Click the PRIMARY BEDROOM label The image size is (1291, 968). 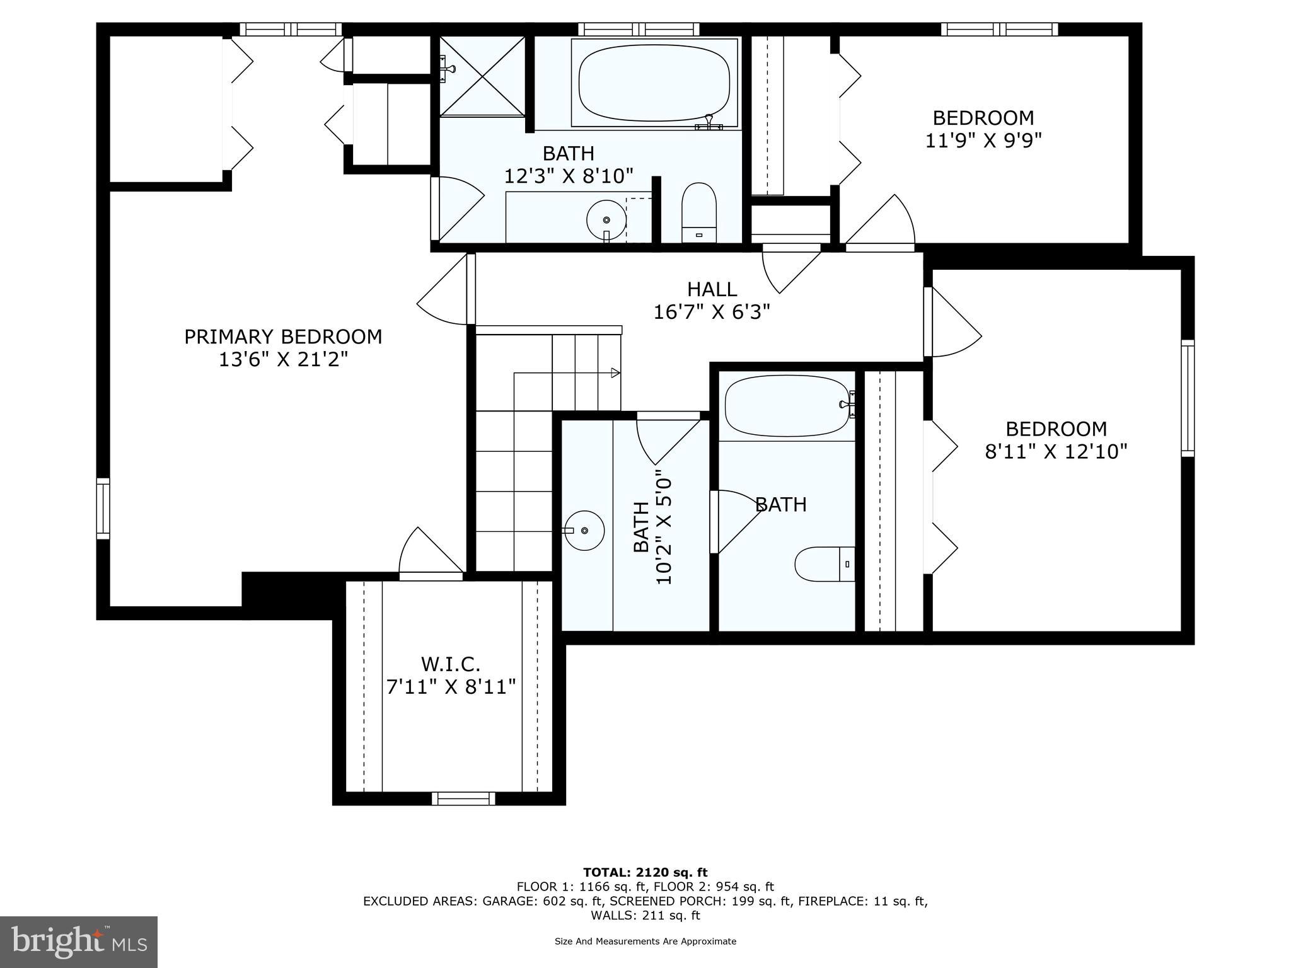(x=283, y=337)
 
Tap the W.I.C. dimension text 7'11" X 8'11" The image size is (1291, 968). (x=451, y=687)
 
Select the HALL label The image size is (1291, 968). (x=712, y=289)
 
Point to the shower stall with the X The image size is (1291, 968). (x=482, y=76)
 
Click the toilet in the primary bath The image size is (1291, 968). (x=700, y=213)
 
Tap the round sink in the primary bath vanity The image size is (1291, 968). (x=606, y=219)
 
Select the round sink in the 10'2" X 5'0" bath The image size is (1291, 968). (x=584, y=531)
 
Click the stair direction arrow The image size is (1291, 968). (x=615, y=372)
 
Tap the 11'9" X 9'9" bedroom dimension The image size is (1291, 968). (x=983, y=140)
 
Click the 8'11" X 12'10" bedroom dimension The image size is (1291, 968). (x=1056, y=451)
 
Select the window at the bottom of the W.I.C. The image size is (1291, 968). (x=463, y=798)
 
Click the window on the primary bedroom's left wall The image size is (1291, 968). (x=103, y=509)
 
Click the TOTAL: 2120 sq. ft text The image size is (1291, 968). (x=645, y=872)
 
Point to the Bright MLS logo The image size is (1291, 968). (x=79, y=942)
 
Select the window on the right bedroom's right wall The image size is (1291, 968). (x=1187, y=398)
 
